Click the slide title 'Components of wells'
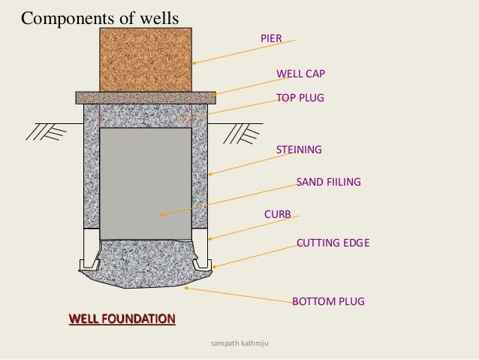coord(100,17)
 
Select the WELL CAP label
coord(300,74)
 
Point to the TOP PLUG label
coord(300,98)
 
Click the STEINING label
coord(299,150)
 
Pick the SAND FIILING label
coord(329,182)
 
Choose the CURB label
coord(277,215)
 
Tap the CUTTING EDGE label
coord(333,243)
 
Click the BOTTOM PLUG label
coord(328,301)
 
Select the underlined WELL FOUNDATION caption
coord(122,319)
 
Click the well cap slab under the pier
coord(146,97)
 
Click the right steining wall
coord(200,173)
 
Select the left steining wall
coord(91,173)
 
